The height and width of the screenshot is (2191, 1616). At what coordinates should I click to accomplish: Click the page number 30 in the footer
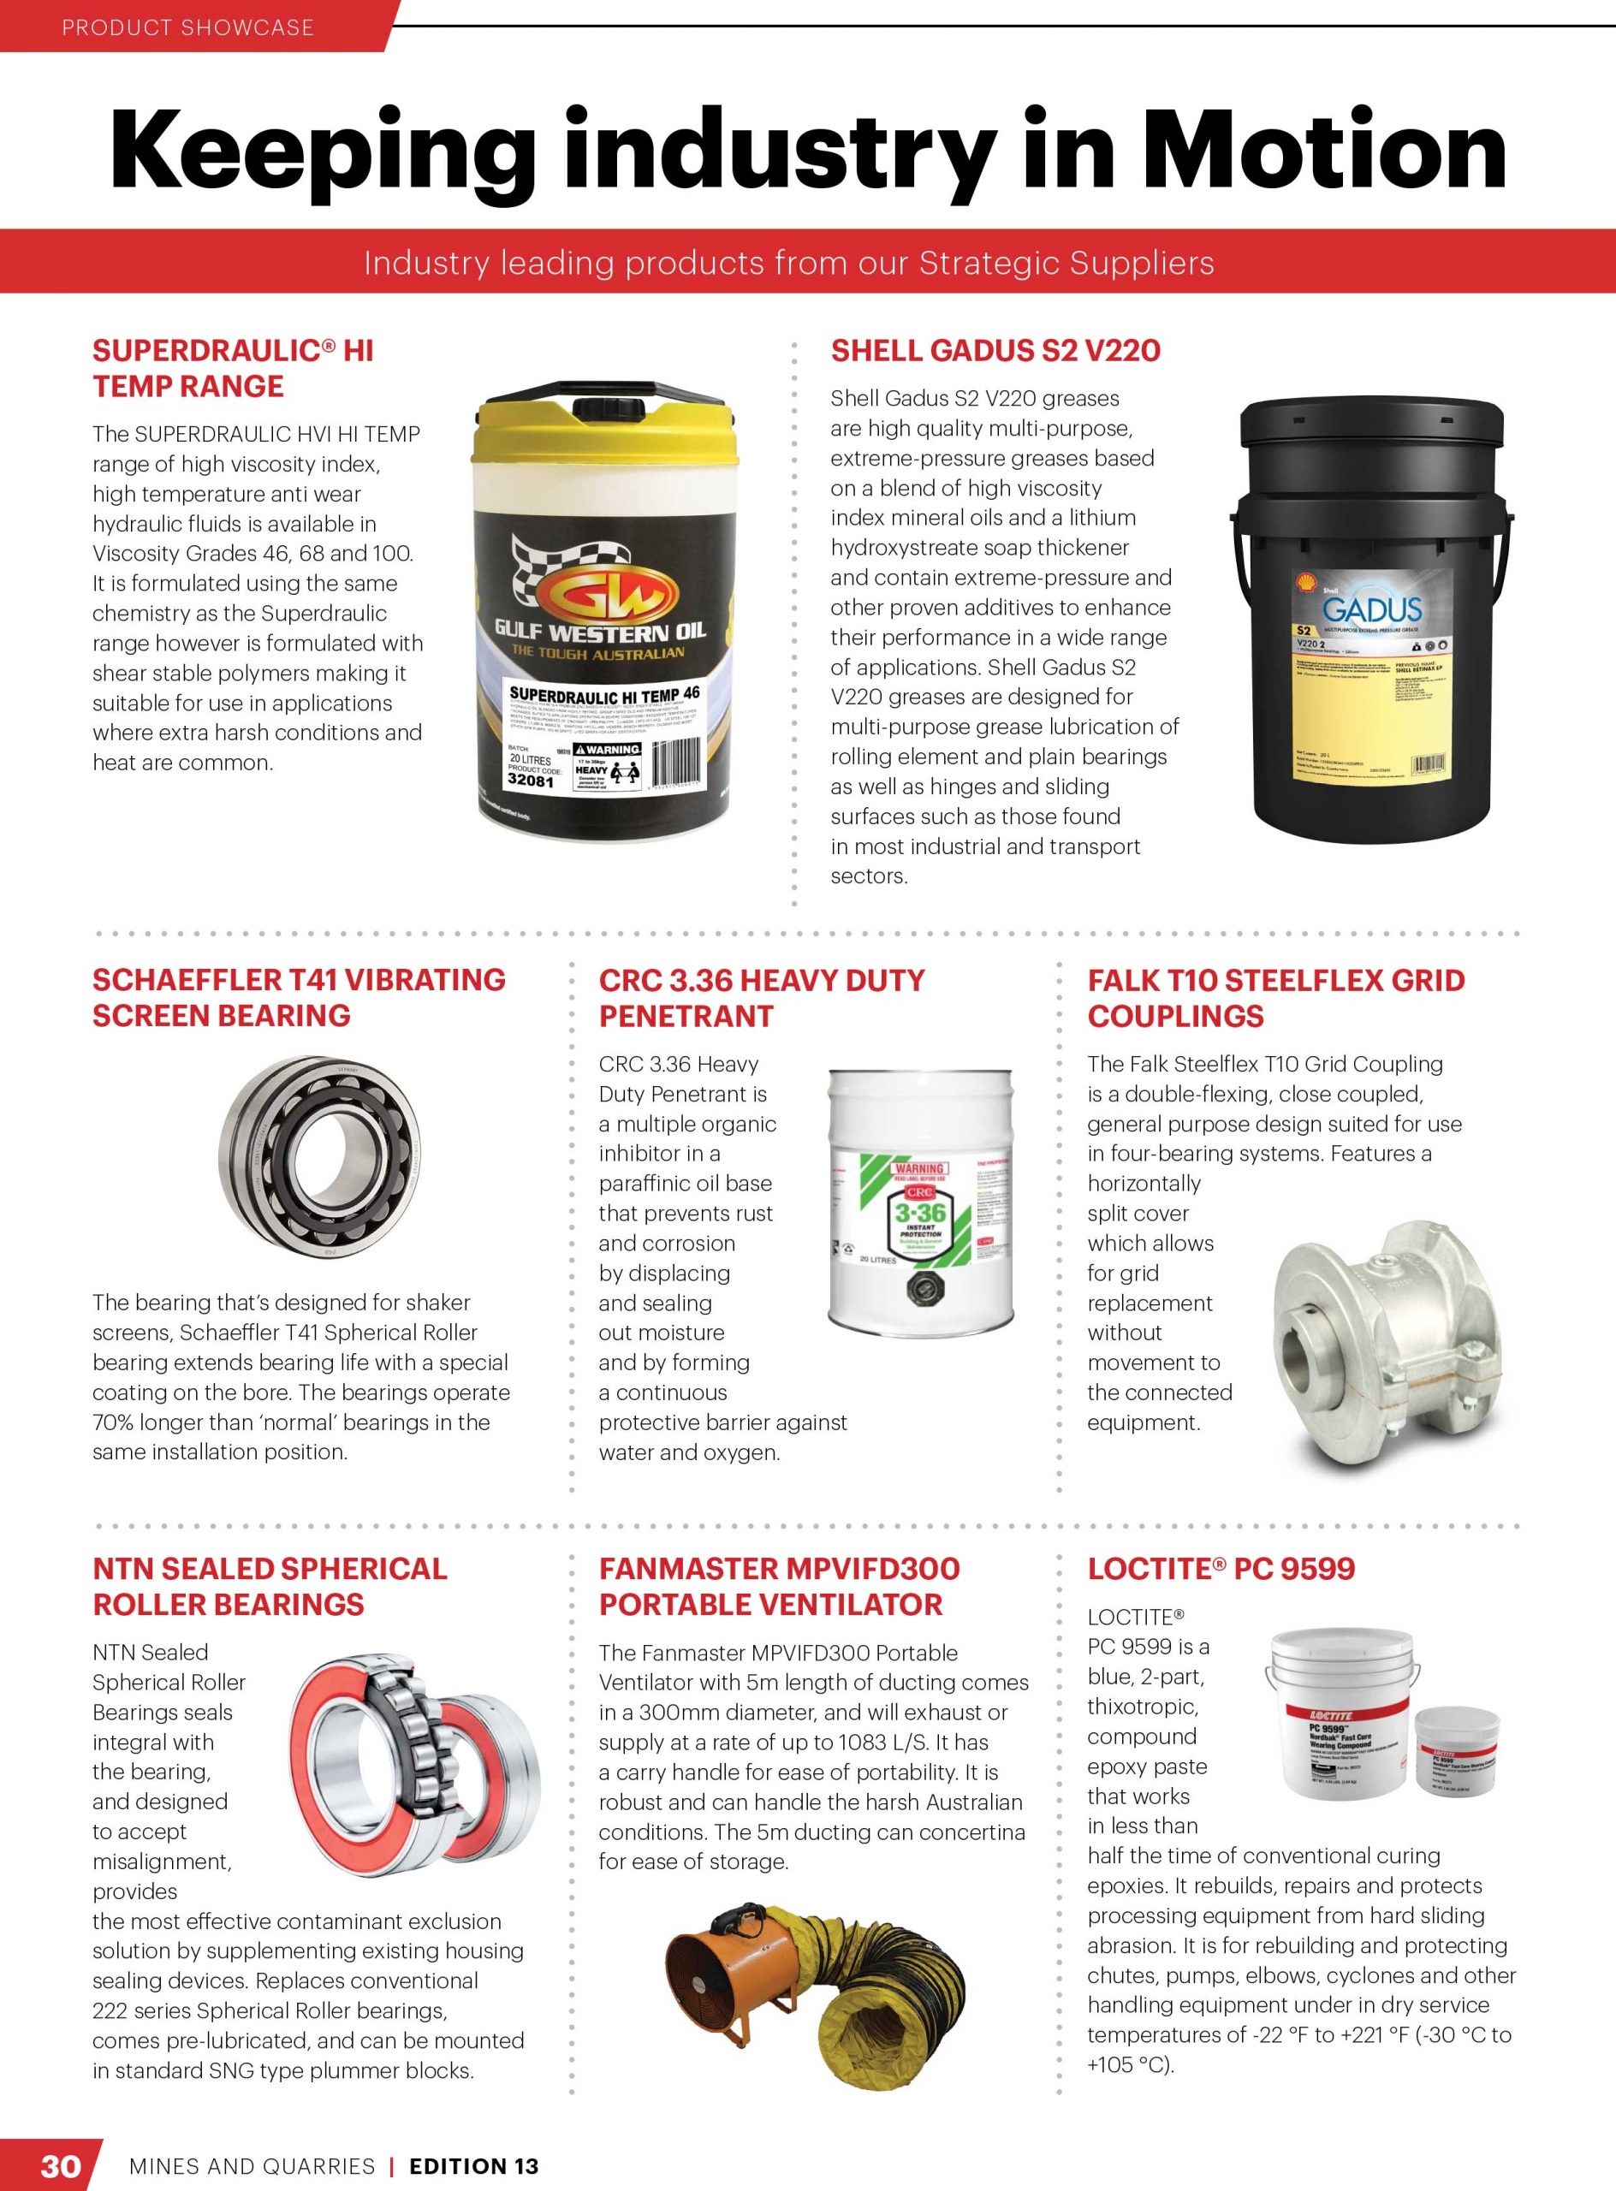pos(59,2164)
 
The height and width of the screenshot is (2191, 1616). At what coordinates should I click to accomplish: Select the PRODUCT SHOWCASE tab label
pos(187,27)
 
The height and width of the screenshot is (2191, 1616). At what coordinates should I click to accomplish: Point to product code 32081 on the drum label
pos(530,781)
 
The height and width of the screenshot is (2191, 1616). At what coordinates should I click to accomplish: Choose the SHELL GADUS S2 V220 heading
pos(995,350)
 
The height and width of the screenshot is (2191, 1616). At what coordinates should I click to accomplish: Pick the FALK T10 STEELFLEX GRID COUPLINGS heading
pos(1275,998)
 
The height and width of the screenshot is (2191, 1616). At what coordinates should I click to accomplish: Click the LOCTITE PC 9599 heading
pos(1221,1569)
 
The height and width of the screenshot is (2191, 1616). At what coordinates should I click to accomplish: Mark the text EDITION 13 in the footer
pos(473,2165)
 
